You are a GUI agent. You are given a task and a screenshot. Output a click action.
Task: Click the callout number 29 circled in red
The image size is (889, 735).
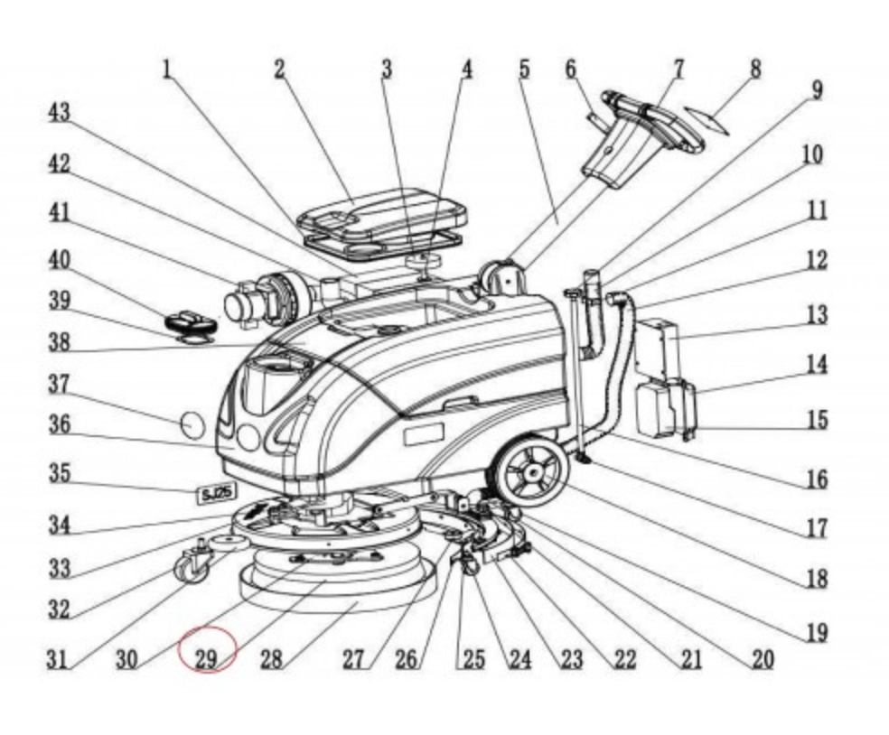(x=206, y=658)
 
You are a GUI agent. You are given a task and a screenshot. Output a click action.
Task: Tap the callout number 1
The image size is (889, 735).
(x=167, y=70)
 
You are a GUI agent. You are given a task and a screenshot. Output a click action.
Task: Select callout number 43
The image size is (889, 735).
(x=59, y=113)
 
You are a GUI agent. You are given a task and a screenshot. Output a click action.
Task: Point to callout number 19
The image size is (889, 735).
(x=816, y=633)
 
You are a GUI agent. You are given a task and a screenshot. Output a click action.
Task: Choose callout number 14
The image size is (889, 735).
(x=816, y=365)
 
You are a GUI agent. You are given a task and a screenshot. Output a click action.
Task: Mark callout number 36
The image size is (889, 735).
(x=59, y=423)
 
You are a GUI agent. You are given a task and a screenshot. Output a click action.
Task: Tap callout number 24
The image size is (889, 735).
(x=519, y=659)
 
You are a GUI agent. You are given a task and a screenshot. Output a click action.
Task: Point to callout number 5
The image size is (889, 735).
(x=524, y=70)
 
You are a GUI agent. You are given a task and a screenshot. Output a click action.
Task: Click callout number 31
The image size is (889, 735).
(x=59, y=659)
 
